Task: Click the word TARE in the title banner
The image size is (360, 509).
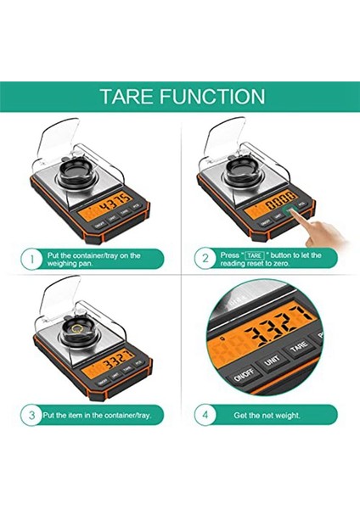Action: tap(127, 96)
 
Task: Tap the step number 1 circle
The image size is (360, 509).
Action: tap(31, 259)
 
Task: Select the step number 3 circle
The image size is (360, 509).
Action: tap(31, 415)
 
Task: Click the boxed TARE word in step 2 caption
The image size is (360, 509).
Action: tap(253, 255)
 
